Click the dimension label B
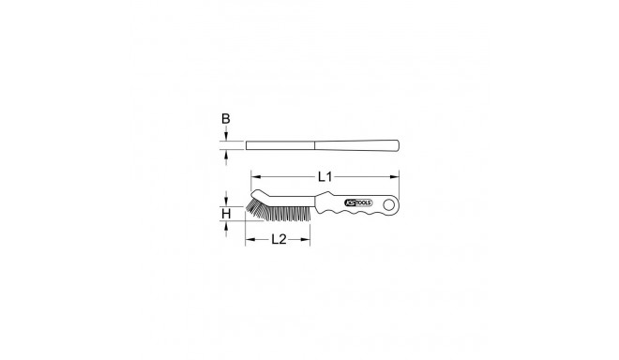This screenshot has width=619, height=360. click(225, 119)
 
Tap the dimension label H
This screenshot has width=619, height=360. click(225, 215)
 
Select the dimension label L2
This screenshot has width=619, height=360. click(279, 241)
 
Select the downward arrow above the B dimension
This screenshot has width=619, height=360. click(225, 137)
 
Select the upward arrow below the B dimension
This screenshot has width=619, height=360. click(225, 154)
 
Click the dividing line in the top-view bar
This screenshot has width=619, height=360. click(313, 145)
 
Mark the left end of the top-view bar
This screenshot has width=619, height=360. click(248, 145)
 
